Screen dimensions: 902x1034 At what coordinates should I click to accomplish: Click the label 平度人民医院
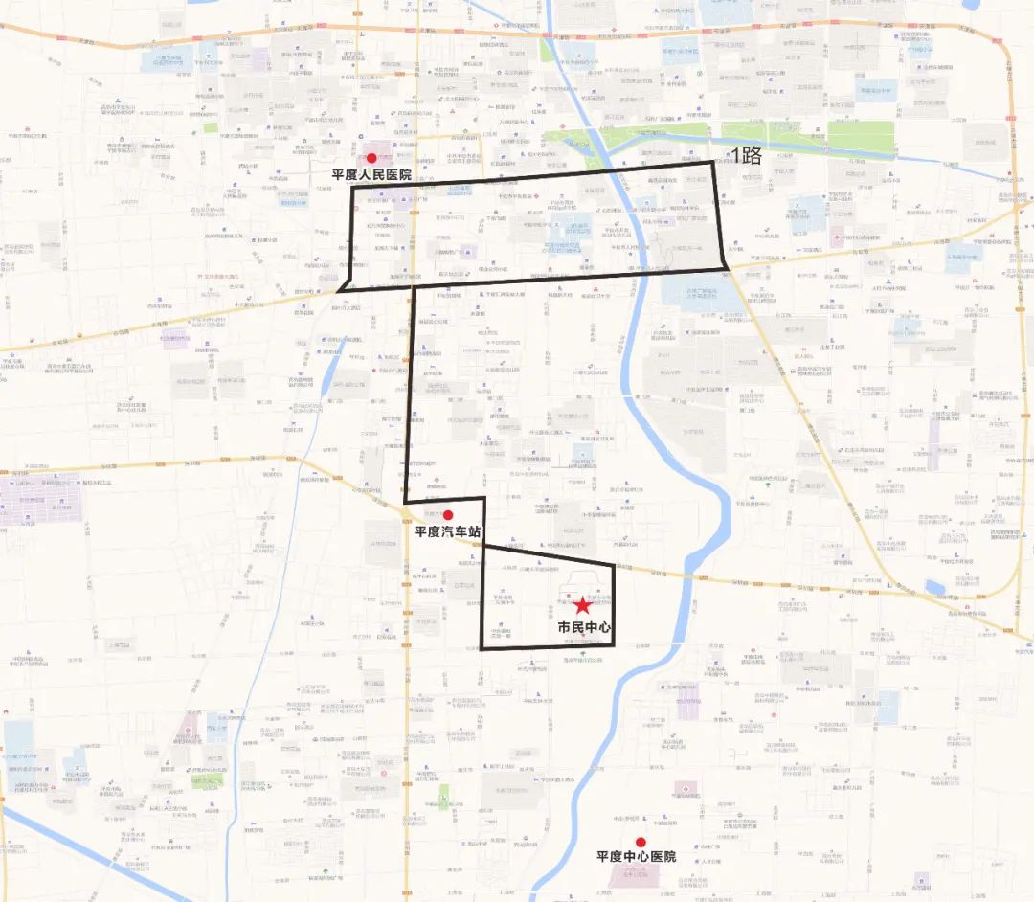coord(371,175)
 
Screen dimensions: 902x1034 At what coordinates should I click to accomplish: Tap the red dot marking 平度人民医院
coord(371,158)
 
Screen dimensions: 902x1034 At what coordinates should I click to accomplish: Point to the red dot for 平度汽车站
coord(447,515)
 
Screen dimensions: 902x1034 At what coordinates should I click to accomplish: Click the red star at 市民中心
coord(582,605)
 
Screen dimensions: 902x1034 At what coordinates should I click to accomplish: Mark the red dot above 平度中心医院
coord(641,842)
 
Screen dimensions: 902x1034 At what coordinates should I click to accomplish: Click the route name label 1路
coord(746,155)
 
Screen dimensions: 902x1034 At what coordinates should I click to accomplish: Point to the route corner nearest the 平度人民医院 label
coord(353,188)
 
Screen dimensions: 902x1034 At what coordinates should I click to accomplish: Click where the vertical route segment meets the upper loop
coord(414,283)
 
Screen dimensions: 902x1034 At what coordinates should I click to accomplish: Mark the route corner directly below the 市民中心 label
coord(613,646)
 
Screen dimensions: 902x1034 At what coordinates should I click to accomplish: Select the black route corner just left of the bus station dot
coord(407,501)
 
